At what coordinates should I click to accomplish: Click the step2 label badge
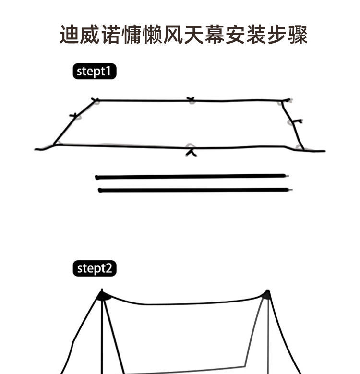[x=95, y=268]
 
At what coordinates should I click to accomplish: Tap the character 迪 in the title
[x=70, y=35]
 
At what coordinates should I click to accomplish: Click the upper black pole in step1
[x=192, y=177]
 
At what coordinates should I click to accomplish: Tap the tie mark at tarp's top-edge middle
[x=192, y=100]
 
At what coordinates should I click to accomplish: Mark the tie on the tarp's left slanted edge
[x=75, y=116]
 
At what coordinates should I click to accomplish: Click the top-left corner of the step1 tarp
[x=95, y=100]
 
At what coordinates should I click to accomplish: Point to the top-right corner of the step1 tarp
[x=284, y=101]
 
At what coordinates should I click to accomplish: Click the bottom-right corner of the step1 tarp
[x=302, y=149]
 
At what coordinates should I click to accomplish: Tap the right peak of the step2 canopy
[x=266, y=294]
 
